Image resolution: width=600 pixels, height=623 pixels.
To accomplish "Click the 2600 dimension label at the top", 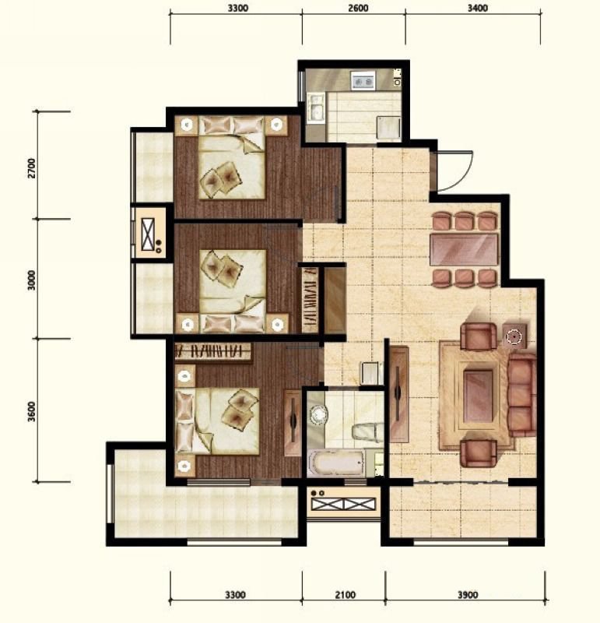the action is (358, 9).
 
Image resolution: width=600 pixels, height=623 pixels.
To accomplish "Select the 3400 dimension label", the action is (477, 9).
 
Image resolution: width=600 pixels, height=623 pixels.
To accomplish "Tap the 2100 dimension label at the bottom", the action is (345, 595).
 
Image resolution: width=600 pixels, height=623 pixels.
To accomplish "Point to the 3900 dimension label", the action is (468, 595).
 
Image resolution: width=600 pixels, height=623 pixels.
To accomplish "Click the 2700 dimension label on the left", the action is (32, 168).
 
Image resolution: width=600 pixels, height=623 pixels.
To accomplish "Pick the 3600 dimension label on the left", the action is (32, 412).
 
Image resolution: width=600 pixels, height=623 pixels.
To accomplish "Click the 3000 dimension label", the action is (32, 280).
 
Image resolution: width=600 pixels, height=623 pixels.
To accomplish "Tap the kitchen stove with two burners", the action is (363, 81).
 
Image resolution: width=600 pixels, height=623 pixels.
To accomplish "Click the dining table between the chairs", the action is (464, 249).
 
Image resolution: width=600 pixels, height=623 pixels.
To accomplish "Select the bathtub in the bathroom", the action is (336, 463).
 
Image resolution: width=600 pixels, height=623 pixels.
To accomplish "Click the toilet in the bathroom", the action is (367, 432).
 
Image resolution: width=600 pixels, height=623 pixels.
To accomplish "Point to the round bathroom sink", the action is (318, 415).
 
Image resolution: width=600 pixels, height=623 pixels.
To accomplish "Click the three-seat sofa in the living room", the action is (521, 395).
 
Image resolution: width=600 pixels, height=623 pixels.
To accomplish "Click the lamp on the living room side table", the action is (514, 337).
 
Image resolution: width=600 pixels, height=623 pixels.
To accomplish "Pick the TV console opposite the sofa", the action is (398, 394).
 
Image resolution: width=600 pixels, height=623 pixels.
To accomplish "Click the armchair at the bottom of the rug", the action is (479, 453).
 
